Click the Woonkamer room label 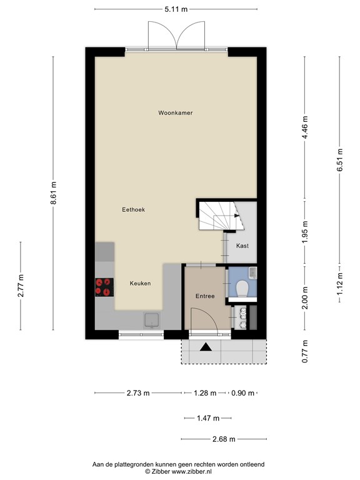[x=176, y=113]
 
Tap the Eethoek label [x=134, y=210]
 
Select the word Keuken [x=140, y=284]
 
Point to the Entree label [x=205, y=296]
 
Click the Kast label [x=242, y=246]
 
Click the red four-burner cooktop [x=104, y=287]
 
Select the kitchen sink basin [x=152, y=320]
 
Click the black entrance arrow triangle [x=206, y=347]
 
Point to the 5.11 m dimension [x=176, y=9]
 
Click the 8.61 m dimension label [x=54, y=193]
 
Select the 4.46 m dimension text [x=305, y=127]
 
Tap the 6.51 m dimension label [x=340, y=160]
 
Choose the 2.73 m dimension [x=138, y=393]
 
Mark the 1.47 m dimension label [x=208, y=418]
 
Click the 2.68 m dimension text [x=224, y=439]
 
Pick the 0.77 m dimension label [x=305, y=351]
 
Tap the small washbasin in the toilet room [x=253, y=272]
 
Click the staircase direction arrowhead [x=237, y=216]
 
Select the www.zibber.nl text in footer [x=191, y=472]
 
